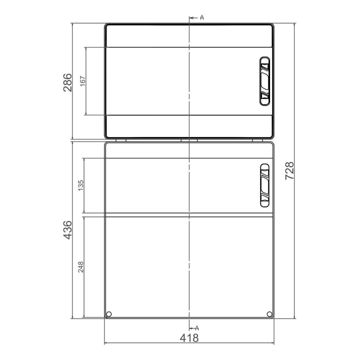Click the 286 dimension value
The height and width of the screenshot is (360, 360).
tap(68, 82)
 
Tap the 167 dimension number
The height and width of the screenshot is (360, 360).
tap(83, 81)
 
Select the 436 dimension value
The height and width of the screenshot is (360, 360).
tap(68, 230)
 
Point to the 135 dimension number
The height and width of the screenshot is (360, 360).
tap(81, 186)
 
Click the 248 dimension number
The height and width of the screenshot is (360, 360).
tap(81, 267)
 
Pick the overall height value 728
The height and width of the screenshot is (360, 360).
tap(289, 171)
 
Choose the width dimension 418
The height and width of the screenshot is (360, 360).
tap(189, 338)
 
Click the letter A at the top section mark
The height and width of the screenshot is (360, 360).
tap(202, 18)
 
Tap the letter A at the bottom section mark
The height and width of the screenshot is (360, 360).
tap(197, 328)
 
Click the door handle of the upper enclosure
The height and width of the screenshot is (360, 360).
tap(265, 81)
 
